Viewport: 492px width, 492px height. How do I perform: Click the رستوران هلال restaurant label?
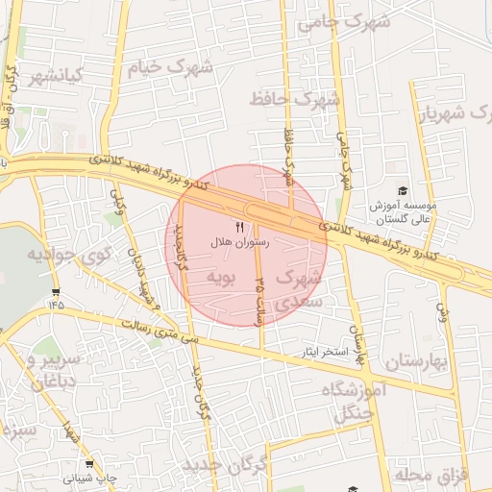[239, 243]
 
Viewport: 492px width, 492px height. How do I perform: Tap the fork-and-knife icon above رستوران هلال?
[239, 227]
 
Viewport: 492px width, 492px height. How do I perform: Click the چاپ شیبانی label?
[91, 477]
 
